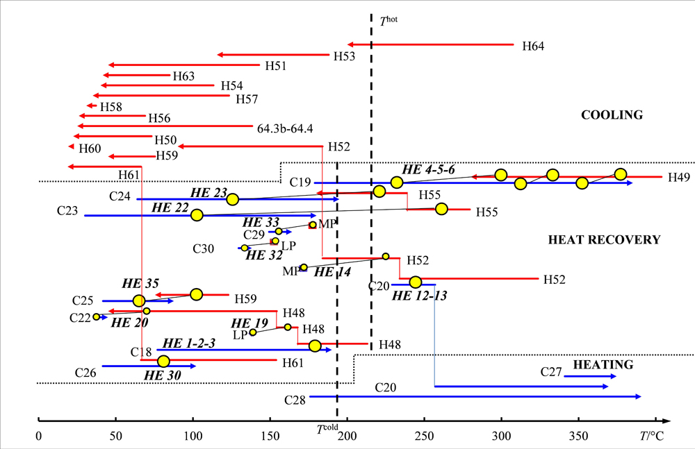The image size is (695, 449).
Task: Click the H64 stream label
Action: click(x=533, y=46)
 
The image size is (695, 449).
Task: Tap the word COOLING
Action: click(x=612, y=115)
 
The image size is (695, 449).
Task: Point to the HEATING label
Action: click(x=603, y=364)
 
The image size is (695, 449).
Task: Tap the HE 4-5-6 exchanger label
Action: click(x=429, y=170)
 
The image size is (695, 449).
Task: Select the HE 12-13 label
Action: click(x=419, y=296)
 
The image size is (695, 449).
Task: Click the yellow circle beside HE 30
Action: click(x=163, y=361)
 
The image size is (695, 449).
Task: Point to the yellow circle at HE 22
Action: click(x=197, y=215)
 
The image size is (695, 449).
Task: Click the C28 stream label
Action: click(x=295, y=400)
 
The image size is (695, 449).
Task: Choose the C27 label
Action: click(x=551, y=372)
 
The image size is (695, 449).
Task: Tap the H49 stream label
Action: click(x=679, y=178)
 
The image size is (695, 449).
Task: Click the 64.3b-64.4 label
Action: click(x=285, y=128)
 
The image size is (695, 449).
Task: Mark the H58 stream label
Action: click(x=111, y=107)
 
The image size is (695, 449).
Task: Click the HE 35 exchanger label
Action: click(x=140, y=284)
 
